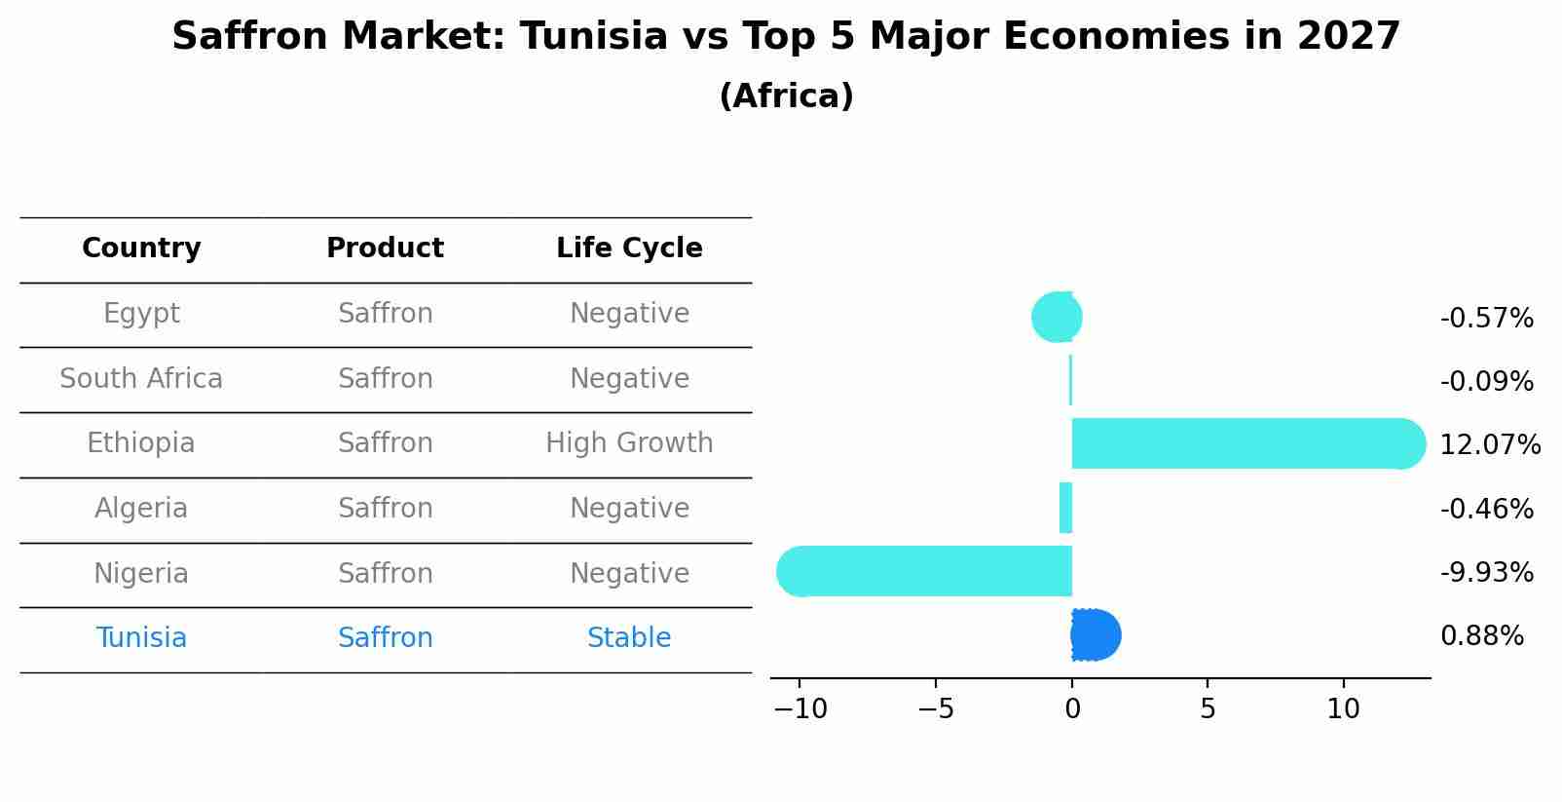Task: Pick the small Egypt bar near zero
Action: tap(1057, 317)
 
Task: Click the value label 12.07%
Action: tap(1489, 445)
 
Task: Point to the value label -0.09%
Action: tap(1486, 382)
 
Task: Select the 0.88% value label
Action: tap(1481, 636)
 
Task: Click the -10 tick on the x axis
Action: tap(800, 709)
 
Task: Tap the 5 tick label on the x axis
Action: tap(1208, 709)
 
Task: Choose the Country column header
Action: tap(141, 248)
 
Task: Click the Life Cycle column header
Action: tap(629, 248)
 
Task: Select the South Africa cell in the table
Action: tap(141, 378)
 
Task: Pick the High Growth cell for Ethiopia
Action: tap(629, 443)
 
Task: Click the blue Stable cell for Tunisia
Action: tap(629, 638)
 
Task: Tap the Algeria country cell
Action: tap(141, 509)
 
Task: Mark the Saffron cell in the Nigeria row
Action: tap(385, 573)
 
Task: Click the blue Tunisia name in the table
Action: tap(141, 638)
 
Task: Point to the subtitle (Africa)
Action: tap(786, 96)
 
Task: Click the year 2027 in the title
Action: tap(1348, 37)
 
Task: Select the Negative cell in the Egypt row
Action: tap(629, 314)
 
